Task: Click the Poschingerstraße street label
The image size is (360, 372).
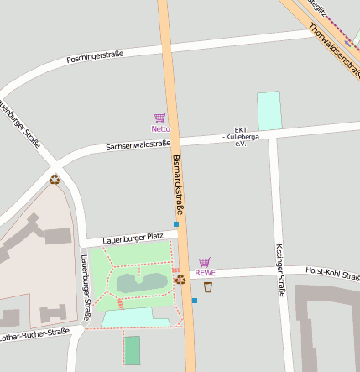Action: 95,56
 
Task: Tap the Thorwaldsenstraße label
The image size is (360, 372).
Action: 333,47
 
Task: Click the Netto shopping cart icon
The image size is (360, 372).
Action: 159,118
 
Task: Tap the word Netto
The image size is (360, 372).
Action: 159,129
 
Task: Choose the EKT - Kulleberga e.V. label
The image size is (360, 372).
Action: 240,136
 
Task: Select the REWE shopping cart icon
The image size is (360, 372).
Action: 205,262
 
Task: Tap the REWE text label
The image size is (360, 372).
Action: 205,273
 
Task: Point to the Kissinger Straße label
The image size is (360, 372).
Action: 280,270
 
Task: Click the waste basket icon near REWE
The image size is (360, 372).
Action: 208,287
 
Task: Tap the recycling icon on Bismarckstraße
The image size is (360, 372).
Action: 180,279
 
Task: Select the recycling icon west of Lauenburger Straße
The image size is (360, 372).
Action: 55,178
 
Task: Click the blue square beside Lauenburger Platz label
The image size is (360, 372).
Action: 176,224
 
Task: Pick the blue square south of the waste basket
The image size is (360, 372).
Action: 195,301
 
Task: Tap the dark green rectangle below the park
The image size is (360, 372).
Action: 133,349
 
